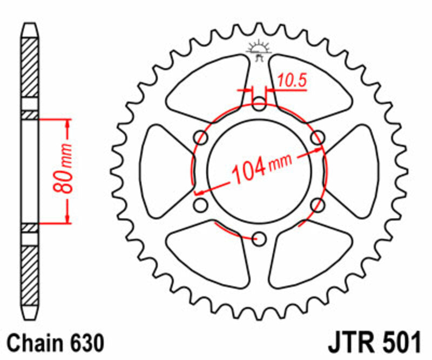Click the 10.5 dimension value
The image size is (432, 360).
pyautogui.click(x=292, y=81)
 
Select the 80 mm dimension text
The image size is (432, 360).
pyautogui.click(x=64, y=170)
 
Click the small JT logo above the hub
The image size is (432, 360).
pyautogui.click(x=259, y=50)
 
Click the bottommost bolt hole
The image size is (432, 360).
pyautogui.click(x=260, y=238)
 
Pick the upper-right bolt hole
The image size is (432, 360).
pyautogui.click(x=318, y=137)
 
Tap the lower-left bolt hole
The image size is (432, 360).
pyautogui.click(x=201, y=205)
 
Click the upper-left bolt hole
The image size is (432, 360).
pyautogui.click(x=201, y=137)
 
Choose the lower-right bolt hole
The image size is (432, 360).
pyautogui.click(x=318, y=205)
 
